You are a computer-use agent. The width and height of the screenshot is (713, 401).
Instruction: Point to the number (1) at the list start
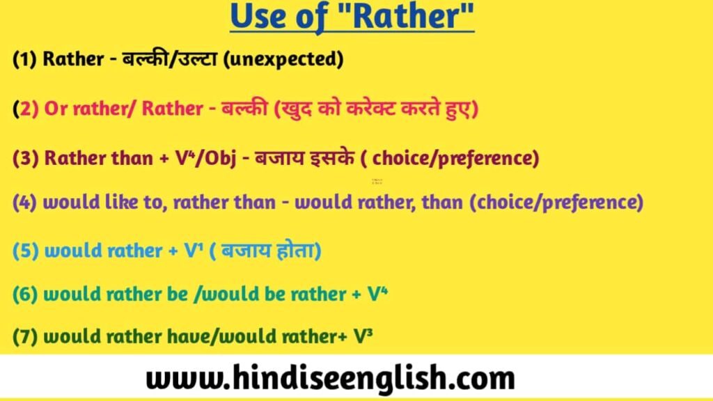25,60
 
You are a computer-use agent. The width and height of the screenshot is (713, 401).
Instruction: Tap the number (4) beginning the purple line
25,203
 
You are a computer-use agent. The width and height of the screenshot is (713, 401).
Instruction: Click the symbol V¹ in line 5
192,251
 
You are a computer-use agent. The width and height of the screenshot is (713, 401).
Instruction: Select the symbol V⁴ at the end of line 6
377,294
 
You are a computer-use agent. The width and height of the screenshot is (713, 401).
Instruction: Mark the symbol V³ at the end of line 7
363,338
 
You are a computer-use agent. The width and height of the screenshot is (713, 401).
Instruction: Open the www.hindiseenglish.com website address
330,379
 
